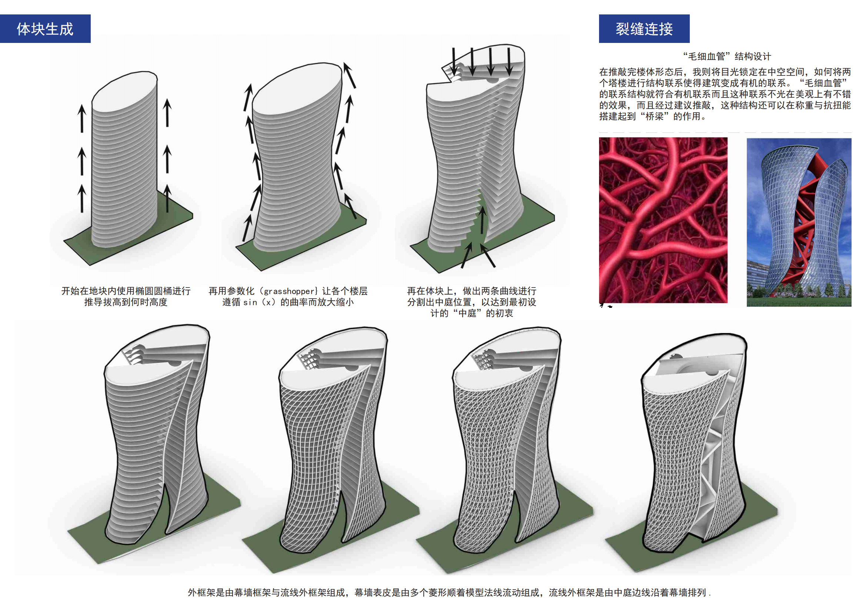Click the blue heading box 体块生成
click(x=45, y=28)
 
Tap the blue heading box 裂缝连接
click(x=644, y=28)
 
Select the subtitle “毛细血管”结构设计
click(x=727, y=57)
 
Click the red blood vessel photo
click(x=663, y=220)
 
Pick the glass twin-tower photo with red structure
click(x=799, y=222)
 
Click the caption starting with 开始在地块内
click(x=126, y=296)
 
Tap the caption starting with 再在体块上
click(x=471, y=302)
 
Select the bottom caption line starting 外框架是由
click(x=449, y=592)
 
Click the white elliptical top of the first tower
click(x=124, y=93)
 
